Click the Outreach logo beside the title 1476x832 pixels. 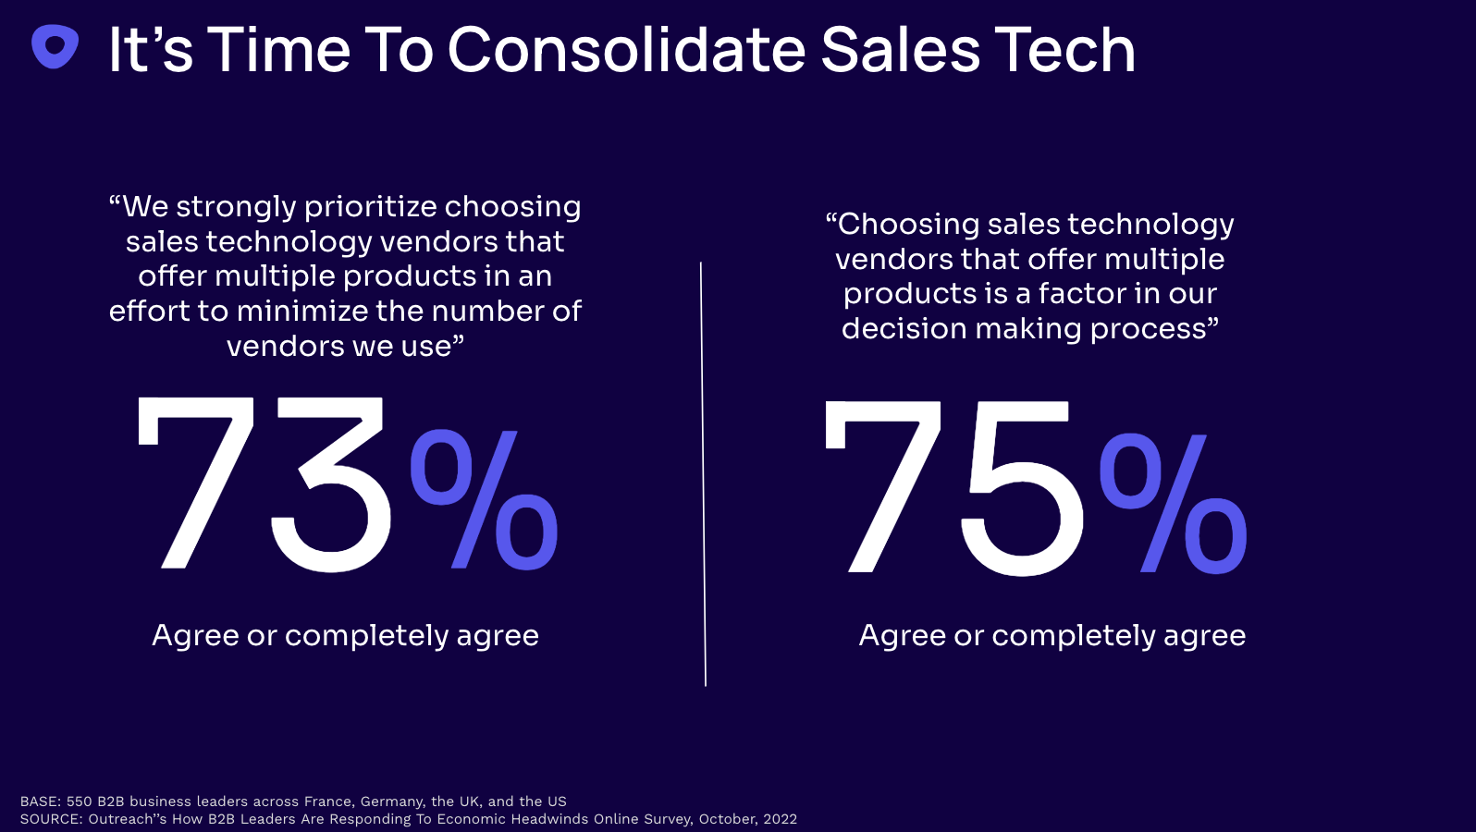click(x=55, y=46)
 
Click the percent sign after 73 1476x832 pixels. click(x=484, y=499)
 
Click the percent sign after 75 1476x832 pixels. click(x=1173, y=503)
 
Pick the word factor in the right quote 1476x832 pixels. click(x=1082, y=293)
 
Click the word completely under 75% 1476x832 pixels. click(x=1073, y=635)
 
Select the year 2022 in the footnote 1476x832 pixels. click(x=780, y=819)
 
